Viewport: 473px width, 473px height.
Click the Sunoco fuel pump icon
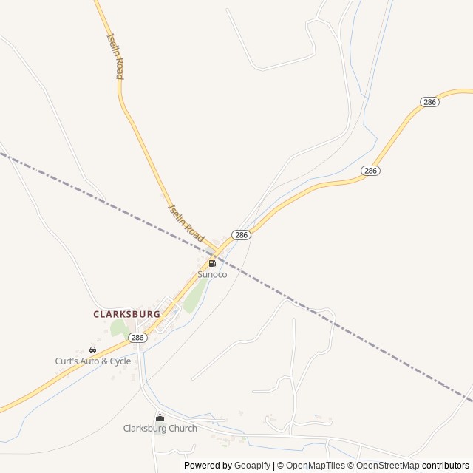[212, 263]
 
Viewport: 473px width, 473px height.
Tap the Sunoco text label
[212, 274]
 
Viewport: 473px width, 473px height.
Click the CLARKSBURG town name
[126, 314]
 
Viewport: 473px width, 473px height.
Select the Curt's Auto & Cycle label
[93, 361]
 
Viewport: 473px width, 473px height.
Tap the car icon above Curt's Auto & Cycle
[92, 350]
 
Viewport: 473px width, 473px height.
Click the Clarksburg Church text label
[160, 428]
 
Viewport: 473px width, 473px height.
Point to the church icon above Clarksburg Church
[160, 417]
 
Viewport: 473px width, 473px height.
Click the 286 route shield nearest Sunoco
[242, 234]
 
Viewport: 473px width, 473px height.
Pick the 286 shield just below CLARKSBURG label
[137, 337]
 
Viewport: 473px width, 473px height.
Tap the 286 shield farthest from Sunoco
[430, 102]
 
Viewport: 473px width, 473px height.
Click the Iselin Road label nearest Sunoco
[186, 222]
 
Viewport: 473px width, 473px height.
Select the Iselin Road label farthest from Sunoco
[115, 56]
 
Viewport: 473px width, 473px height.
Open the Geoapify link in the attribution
[253, 466]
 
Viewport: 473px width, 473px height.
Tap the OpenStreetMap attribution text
[388, 466]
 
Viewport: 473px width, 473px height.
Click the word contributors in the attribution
[446, 466]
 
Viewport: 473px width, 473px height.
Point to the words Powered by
[208, 466]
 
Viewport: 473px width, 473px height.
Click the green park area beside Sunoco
[194, 296]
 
